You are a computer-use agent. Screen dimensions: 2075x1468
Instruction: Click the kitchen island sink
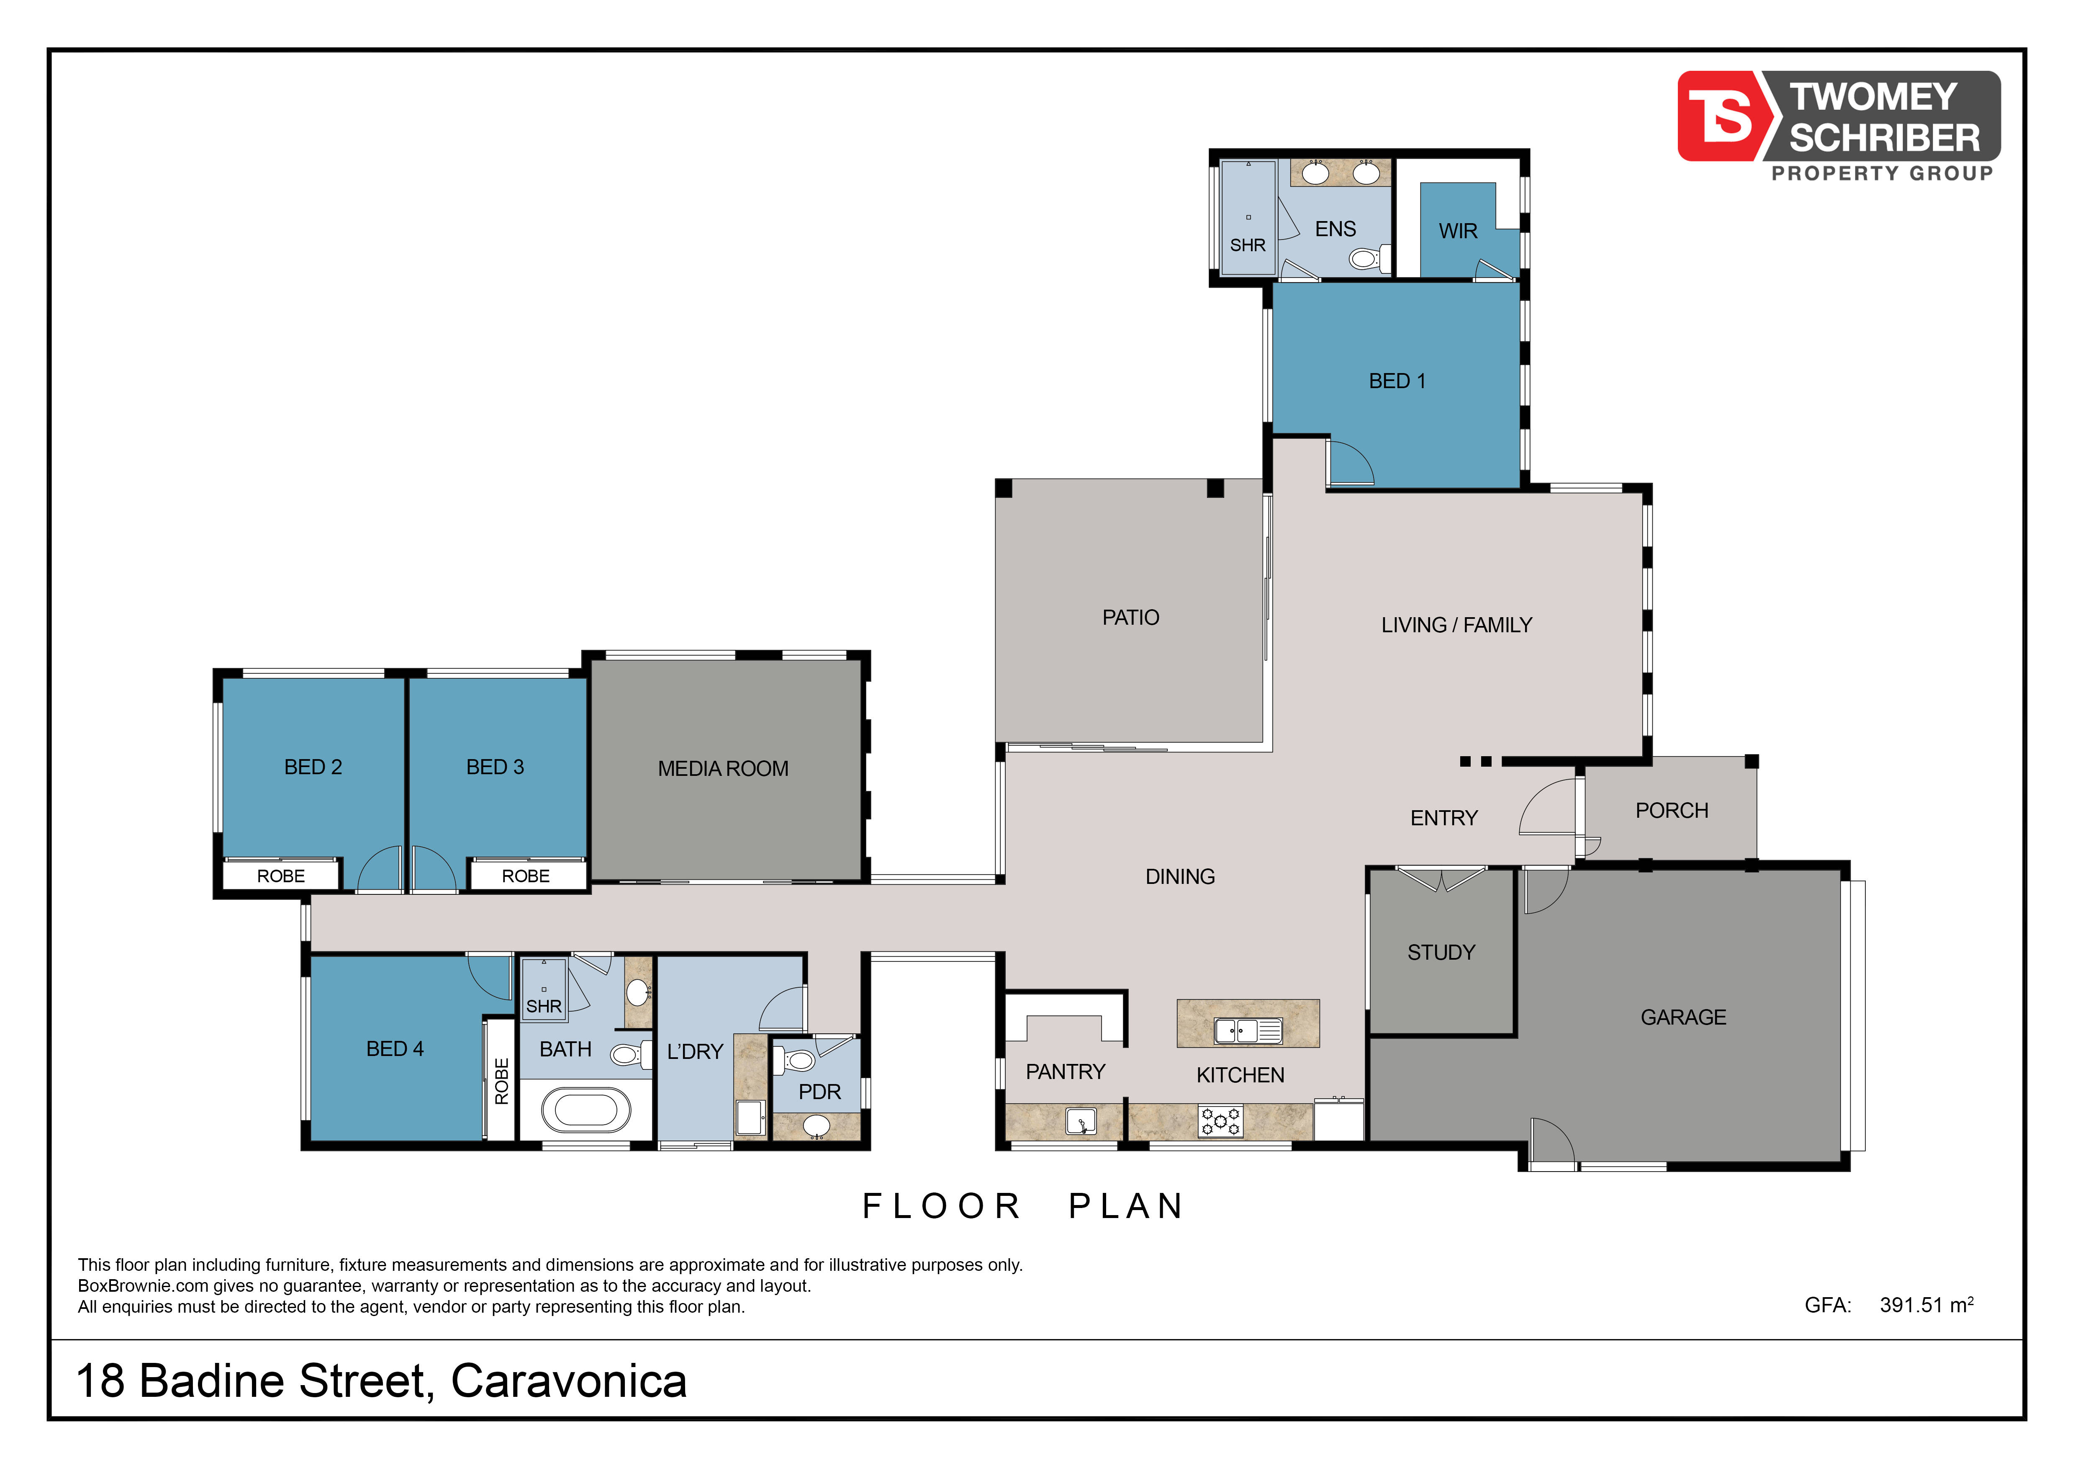pos(1248,1030)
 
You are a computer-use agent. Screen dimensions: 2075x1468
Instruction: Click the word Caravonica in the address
pos(568,1381)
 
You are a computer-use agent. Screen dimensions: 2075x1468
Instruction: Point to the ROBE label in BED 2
pos(281,876)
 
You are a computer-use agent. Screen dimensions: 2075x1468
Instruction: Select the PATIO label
pos(1130,618)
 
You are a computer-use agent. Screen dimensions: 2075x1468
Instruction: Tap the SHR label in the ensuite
pos(1247,245)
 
